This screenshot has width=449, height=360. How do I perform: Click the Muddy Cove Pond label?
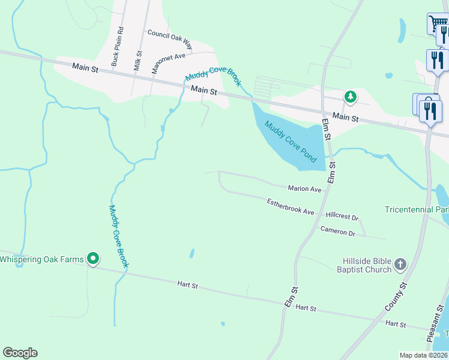point(291,142)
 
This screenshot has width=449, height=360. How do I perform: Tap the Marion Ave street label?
point(304,188)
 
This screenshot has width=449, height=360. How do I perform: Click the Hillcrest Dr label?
point(342,216)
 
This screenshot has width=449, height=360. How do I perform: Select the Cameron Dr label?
point(338,230)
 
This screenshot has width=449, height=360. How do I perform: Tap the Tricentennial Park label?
point(417,210)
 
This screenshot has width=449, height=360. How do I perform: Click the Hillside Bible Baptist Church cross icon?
point(400,264)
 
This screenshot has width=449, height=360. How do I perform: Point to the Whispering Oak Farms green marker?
point(93,259)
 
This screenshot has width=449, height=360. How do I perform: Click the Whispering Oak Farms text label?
point(41,259)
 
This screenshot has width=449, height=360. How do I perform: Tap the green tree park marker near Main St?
point(350,97)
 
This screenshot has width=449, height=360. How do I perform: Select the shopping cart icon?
point(437,24)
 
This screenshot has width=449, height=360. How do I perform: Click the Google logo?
point(20,353)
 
